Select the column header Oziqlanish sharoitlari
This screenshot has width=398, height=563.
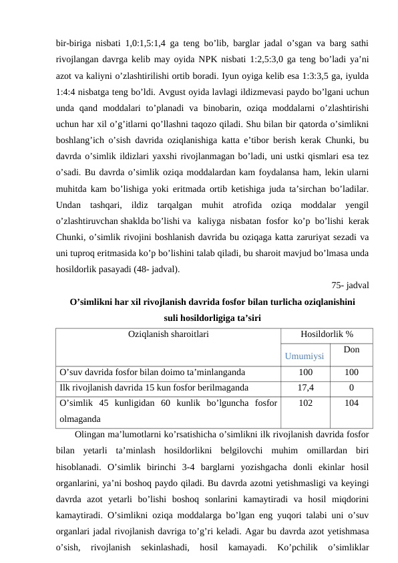[x=168, y=333]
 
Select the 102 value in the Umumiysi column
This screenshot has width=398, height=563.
[x=305, y=404]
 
